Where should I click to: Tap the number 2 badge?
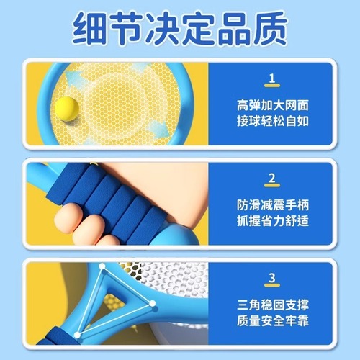pos(271,178)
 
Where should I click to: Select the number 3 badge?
pos(271,277)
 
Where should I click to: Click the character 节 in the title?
pos(127,29)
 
